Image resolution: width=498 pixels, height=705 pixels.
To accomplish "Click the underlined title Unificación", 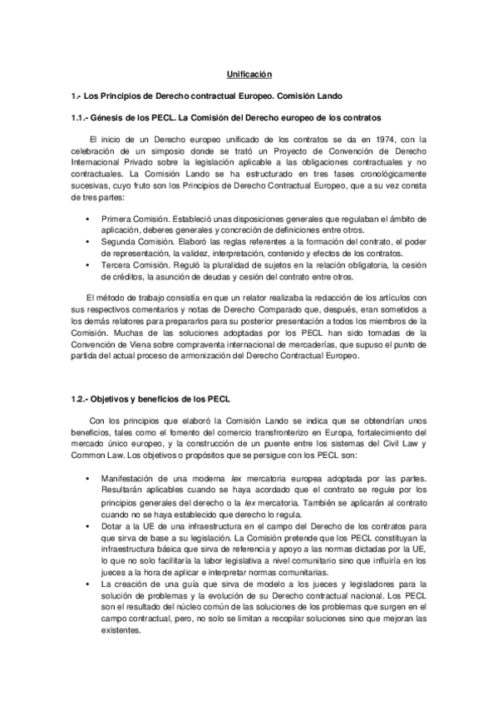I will coord(249,75).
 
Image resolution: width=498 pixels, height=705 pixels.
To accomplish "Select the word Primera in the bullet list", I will coord(118,217).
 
